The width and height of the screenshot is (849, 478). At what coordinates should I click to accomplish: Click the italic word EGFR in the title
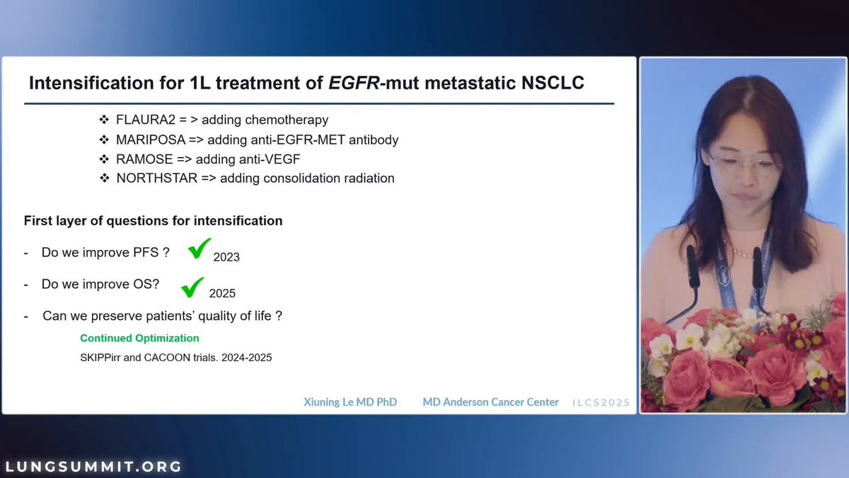(x=354, y=83)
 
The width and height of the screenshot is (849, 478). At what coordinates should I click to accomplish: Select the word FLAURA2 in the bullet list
(x=146, y=120)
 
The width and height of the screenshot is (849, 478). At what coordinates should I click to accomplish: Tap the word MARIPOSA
(x=151, y=140)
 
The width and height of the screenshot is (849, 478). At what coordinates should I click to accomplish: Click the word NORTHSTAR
(x=157, y=178)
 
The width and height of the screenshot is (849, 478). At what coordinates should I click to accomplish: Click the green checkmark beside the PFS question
(x=200, y=248)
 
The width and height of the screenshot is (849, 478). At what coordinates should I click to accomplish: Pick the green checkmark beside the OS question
(x=192, y=288)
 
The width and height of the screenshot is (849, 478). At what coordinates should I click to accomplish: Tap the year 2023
(x=226, y=257)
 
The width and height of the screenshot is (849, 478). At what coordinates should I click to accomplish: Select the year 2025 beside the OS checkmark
(x=222, y=293)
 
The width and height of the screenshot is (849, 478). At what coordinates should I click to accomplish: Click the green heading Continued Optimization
(x=139, y=338)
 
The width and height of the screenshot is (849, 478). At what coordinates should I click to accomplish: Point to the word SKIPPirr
(x=100, y=358)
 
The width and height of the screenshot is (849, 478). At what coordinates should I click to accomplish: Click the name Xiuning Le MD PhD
(x=350, y=402)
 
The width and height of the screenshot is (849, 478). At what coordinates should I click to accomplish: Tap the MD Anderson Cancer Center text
(x=490, y=402)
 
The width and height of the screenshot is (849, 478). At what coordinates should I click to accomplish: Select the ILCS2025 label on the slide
(x=601, y=402)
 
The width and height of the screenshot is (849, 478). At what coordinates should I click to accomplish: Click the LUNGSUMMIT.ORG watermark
(x=93, y=466)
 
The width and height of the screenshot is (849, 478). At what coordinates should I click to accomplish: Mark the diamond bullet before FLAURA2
(x=104, y=120)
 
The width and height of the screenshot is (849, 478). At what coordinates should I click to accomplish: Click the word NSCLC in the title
(x=553, y=83)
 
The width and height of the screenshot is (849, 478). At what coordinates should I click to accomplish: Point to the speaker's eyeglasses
(x=744, y=162)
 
